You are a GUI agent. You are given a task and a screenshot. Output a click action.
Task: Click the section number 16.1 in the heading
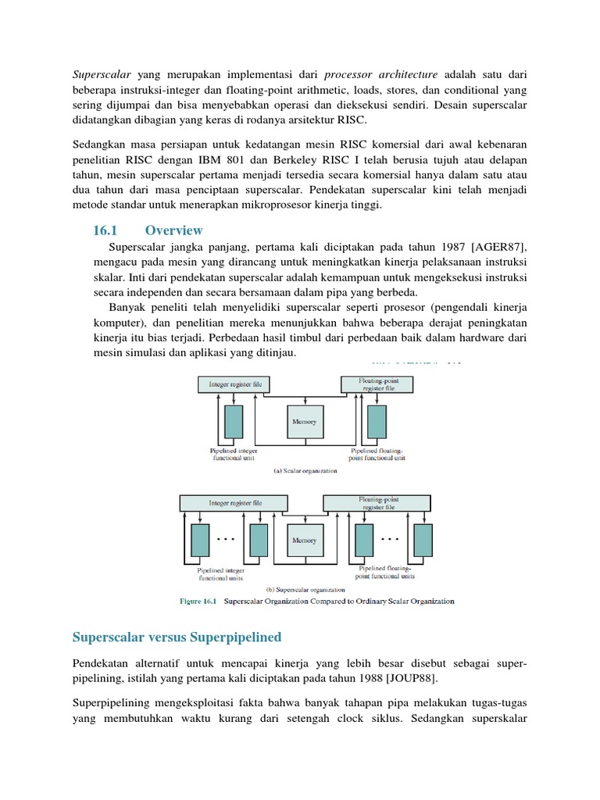(x=105, y=230)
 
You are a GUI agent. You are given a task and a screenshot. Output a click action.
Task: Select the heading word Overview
(x=173, y=230)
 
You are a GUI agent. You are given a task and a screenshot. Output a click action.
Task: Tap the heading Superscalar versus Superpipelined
(x=177, y=637)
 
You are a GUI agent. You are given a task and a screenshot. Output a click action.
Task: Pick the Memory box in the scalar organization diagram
(x=304, y=422)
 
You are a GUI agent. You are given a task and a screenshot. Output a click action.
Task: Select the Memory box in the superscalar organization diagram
(x=304, y=540)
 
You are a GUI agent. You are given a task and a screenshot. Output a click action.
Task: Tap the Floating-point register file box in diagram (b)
(x=377, y=502)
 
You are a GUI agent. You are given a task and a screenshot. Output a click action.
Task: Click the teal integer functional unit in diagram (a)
(x=233, y=422)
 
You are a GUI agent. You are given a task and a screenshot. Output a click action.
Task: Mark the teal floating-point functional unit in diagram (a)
(x=377, y=422)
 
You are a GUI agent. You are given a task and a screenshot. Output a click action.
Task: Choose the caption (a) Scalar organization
(x=305, y=471)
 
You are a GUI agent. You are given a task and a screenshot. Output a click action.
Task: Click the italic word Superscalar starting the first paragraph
(x=102, y=75)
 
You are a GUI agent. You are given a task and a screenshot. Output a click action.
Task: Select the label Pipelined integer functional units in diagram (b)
(x=220, y=574)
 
